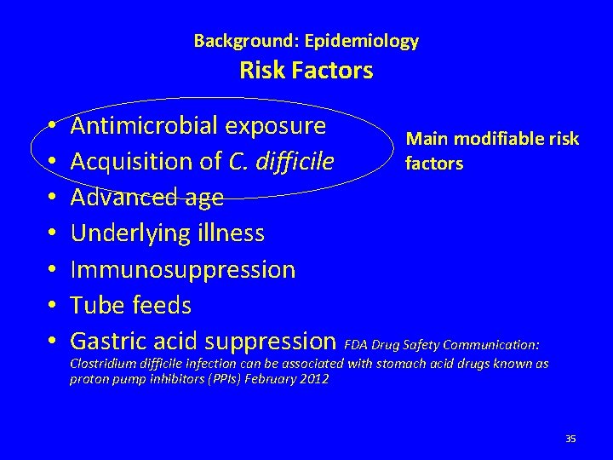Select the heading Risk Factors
pos(306,71)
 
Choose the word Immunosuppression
pos(183,269)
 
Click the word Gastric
pos(109,341)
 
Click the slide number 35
pos(570,439)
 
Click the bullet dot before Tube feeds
pos(52,305)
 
